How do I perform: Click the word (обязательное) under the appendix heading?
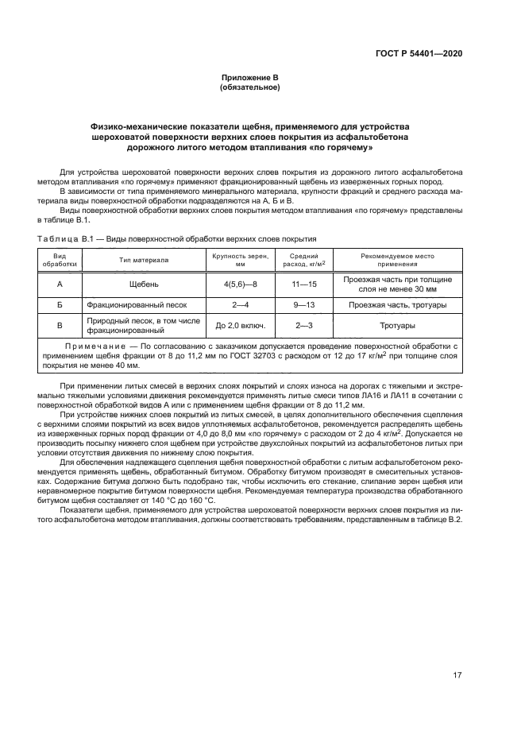click(x=249, y=87)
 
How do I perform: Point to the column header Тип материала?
click(x=144, y=260)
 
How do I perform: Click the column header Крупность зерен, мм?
click(x=241, y=260)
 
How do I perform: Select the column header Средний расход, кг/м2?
click(x=304, y=260)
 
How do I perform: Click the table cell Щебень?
click(x=144, y=284)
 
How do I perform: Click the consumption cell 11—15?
click(x=304, y=284)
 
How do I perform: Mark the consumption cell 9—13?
click(x=304, y=305)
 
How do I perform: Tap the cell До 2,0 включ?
click(x=241, y=326)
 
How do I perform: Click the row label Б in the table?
click(x=60, y=305)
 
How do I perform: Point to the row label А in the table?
click(x=60, y=284)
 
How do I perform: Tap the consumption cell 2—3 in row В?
click(x=304, y=326)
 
